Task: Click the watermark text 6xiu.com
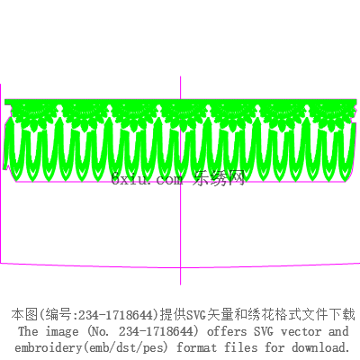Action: tap(147, 179)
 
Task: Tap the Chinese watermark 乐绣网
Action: tap(219, 178)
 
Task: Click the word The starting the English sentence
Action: tap(28, 331)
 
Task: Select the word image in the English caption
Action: tap(62, 332)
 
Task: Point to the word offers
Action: tap(227, 331)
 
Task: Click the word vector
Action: tap(301, 332)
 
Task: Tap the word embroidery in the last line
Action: tap(48, 348)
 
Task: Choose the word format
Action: tap(196, 348)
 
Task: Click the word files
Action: tap(240, 347)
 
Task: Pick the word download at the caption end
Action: tap(320, 347)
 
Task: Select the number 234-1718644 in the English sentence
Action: tap(156, 331)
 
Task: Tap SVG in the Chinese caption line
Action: tap(196, 315)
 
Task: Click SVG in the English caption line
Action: tap(264, 331)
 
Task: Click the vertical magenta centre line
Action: tap(180, 180)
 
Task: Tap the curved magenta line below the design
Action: tap(180, 266)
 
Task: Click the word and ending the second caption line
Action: tap(338, 331)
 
